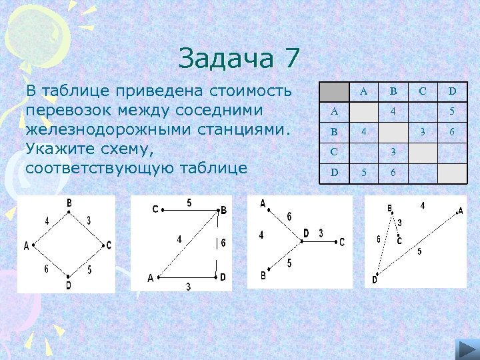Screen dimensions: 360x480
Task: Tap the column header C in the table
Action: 422,91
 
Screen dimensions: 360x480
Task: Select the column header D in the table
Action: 452,91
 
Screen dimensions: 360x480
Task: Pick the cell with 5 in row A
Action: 452,111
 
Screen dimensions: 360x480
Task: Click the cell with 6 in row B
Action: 452,132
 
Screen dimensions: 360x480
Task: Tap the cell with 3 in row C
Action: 393,152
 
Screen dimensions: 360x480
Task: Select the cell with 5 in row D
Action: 363,172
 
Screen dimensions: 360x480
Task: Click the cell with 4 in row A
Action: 393,111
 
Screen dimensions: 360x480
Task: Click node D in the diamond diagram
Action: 69,285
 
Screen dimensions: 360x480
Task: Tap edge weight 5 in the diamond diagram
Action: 89,269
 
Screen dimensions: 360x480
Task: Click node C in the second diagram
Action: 155,209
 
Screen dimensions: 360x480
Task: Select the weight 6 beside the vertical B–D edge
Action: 223,243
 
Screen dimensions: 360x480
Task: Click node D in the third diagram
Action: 305,233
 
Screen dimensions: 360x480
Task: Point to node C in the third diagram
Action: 342,242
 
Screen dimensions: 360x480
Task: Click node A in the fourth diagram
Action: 460,211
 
